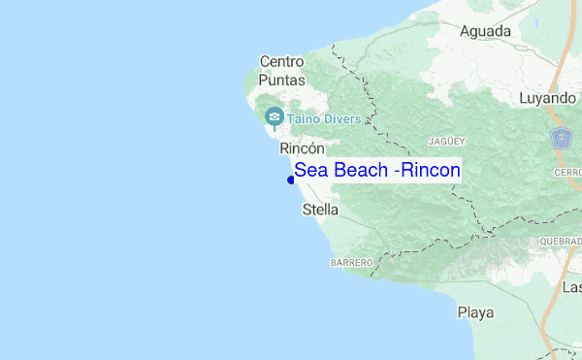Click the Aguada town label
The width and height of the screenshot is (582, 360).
485,31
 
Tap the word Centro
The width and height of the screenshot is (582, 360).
282,62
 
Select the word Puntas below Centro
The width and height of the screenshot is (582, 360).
282,81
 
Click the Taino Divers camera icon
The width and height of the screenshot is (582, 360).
274,118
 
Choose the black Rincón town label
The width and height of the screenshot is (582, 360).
301,148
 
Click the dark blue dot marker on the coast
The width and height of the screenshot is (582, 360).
291,180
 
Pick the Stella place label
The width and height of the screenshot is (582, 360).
321,209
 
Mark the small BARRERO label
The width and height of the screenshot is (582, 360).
351,263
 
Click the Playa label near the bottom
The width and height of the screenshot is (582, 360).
475,312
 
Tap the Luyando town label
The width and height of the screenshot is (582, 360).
547,98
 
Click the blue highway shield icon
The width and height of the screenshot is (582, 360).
562,138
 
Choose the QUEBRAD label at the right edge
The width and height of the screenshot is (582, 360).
562,244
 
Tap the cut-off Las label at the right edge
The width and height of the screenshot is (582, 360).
571,287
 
